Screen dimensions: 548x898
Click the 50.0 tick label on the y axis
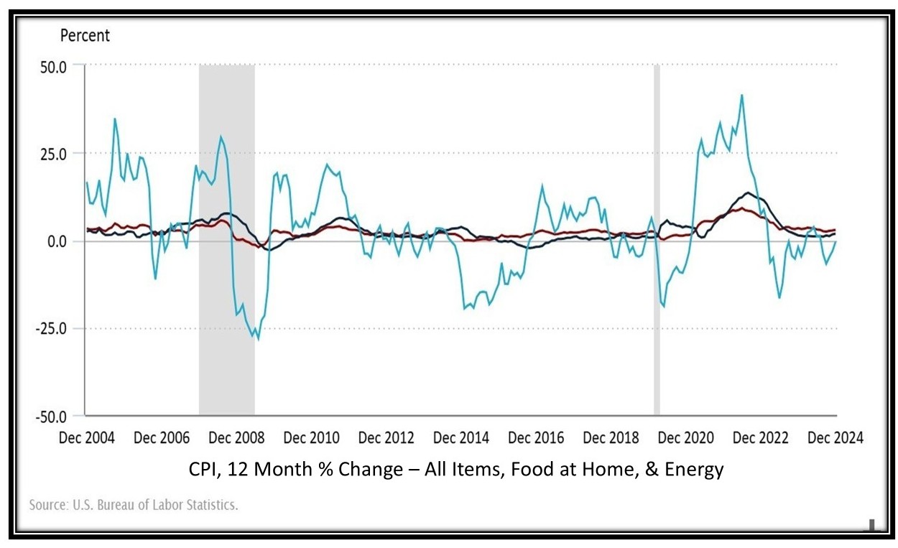tap(51, 65)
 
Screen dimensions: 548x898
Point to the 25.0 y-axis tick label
tap(51, 154)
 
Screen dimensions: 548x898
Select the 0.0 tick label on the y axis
tap(55, 241)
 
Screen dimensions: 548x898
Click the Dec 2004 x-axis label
tap(86, 437)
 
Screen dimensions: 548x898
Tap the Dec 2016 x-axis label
tap(536, 437)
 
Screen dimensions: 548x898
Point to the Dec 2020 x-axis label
tap(686, 437)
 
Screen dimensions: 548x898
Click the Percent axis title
tap(85, 35)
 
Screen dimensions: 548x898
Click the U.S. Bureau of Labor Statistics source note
tap(134, 505)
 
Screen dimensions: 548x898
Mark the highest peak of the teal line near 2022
tap(742, 96)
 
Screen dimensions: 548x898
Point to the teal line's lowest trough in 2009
tap(258, 338)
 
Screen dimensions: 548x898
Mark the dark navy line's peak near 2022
tap(749, 192)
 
